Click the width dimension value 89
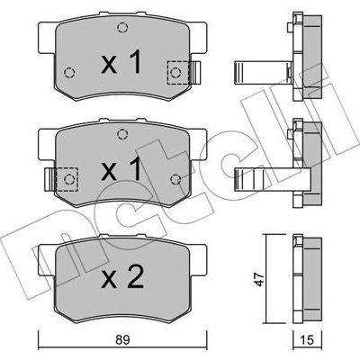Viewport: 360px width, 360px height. click(x=122, y=341)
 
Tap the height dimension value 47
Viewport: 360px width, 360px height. click(x=260, y=279)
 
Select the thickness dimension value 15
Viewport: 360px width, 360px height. click(x=307, y=341)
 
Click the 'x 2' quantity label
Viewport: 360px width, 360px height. click(x=122, y=278)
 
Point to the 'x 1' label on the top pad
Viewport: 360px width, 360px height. click(x=121, y=62)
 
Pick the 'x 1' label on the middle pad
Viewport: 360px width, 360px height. click(x=121, y=169)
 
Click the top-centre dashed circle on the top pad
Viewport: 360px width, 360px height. click(x=122, y=28)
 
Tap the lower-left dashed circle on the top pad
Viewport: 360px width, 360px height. click(x=69, y=72)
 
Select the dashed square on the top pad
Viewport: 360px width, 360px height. click(x=178, y=72)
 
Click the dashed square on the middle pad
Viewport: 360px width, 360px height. click(x=67, y=179)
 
